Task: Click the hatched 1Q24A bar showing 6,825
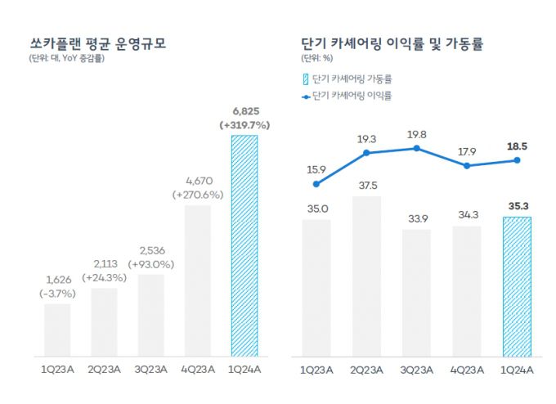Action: point(244,245)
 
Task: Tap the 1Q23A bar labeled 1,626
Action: point(57,330)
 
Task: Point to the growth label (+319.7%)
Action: point(244,125)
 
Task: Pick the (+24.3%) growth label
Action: point(105,277)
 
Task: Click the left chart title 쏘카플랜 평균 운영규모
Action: point(97,43)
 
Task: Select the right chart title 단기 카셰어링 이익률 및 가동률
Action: point(391,43)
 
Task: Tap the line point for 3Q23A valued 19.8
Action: point(417,148)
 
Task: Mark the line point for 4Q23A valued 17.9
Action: point(467,165)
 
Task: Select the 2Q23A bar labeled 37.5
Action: point(366,276)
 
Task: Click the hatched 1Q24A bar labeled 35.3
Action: point(517,286)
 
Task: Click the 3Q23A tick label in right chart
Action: point(417,370)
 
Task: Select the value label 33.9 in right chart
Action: point(417,218)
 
